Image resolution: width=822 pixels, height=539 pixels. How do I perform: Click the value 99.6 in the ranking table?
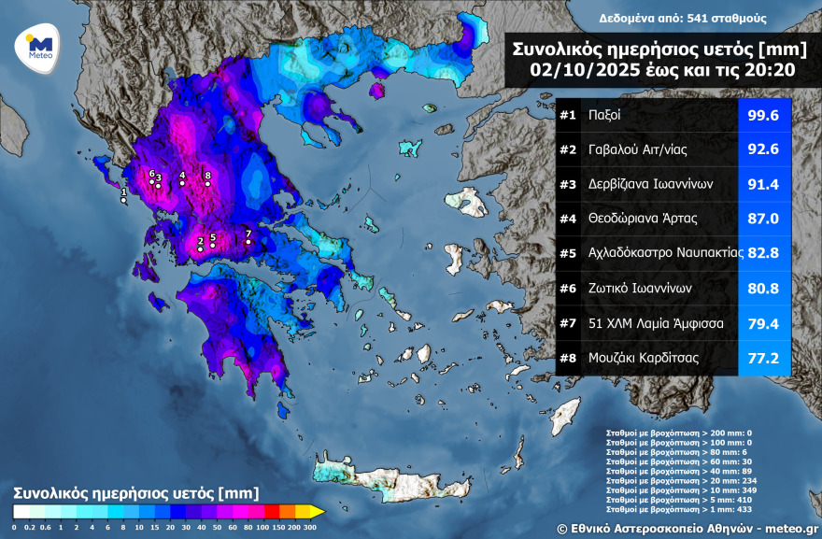(763, 116)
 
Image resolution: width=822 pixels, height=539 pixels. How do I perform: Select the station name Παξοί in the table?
(604, 116)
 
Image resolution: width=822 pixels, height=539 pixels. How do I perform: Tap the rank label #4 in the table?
(568, 218)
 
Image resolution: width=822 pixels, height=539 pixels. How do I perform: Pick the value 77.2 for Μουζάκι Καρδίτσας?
(763, 357)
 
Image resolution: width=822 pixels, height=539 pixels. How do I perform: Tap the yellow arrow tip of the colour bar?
(319, 511)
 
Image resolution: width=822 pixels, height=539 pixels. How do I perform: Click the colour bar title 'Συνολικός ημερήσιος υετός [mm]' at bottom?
(135, 491)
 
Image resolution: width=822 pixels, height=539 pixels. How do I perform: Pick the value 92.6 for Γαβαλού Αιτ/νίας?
(763, 149)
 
